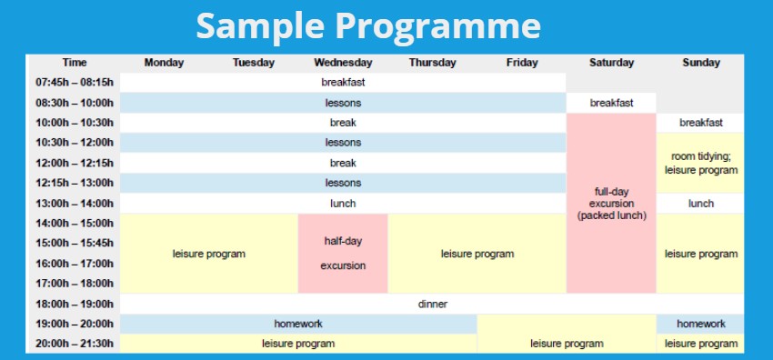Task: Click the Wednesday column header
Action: pyautogui.click(x=343, y=63)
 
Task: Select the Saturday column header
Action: pyautogui.click(x=611, y=63)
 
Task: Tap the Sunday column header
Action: pyautogui.click(x=701, y=63)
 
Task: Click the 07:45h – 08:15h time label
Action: pyautogui.click(x=75, y=83)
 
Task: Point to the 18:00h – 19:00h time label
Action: pyautogui.click(x=75, y=305)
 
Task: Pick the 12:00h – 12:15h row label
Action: pyautogui.click(x=75, y=163)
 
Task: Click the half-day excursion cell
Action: pyautogui.click(x=343, y=254)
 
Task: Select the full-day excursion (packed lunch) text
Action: pyautogui.click(x=611, y=204)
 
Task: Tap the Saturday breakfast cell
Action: pyautogui.click(x=611, y=103)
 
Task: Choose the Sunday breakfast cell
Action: pyautogui.click(x=700, y=123)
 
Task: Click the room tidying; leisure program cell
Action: pyautogui.click(x=700, y=163)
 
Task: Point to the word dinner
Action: pyautogui.click(x=432, y=305)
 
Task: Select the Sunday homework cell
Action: pyautogui.click(x=700, y=324)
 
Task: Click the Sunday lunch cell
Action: pyautogui.click(x=700, y=204)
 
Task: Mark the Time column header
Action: pyautogui.click(x=75, y=63)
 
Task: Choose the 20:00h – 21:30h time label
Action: pyautogui.click(x=75, y=344)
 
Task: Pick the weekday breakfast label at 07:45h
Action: pyautogui.click(x=343, y=83)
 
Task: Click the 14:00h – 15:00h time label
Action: pyautogui.click(x=75, y=224)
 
